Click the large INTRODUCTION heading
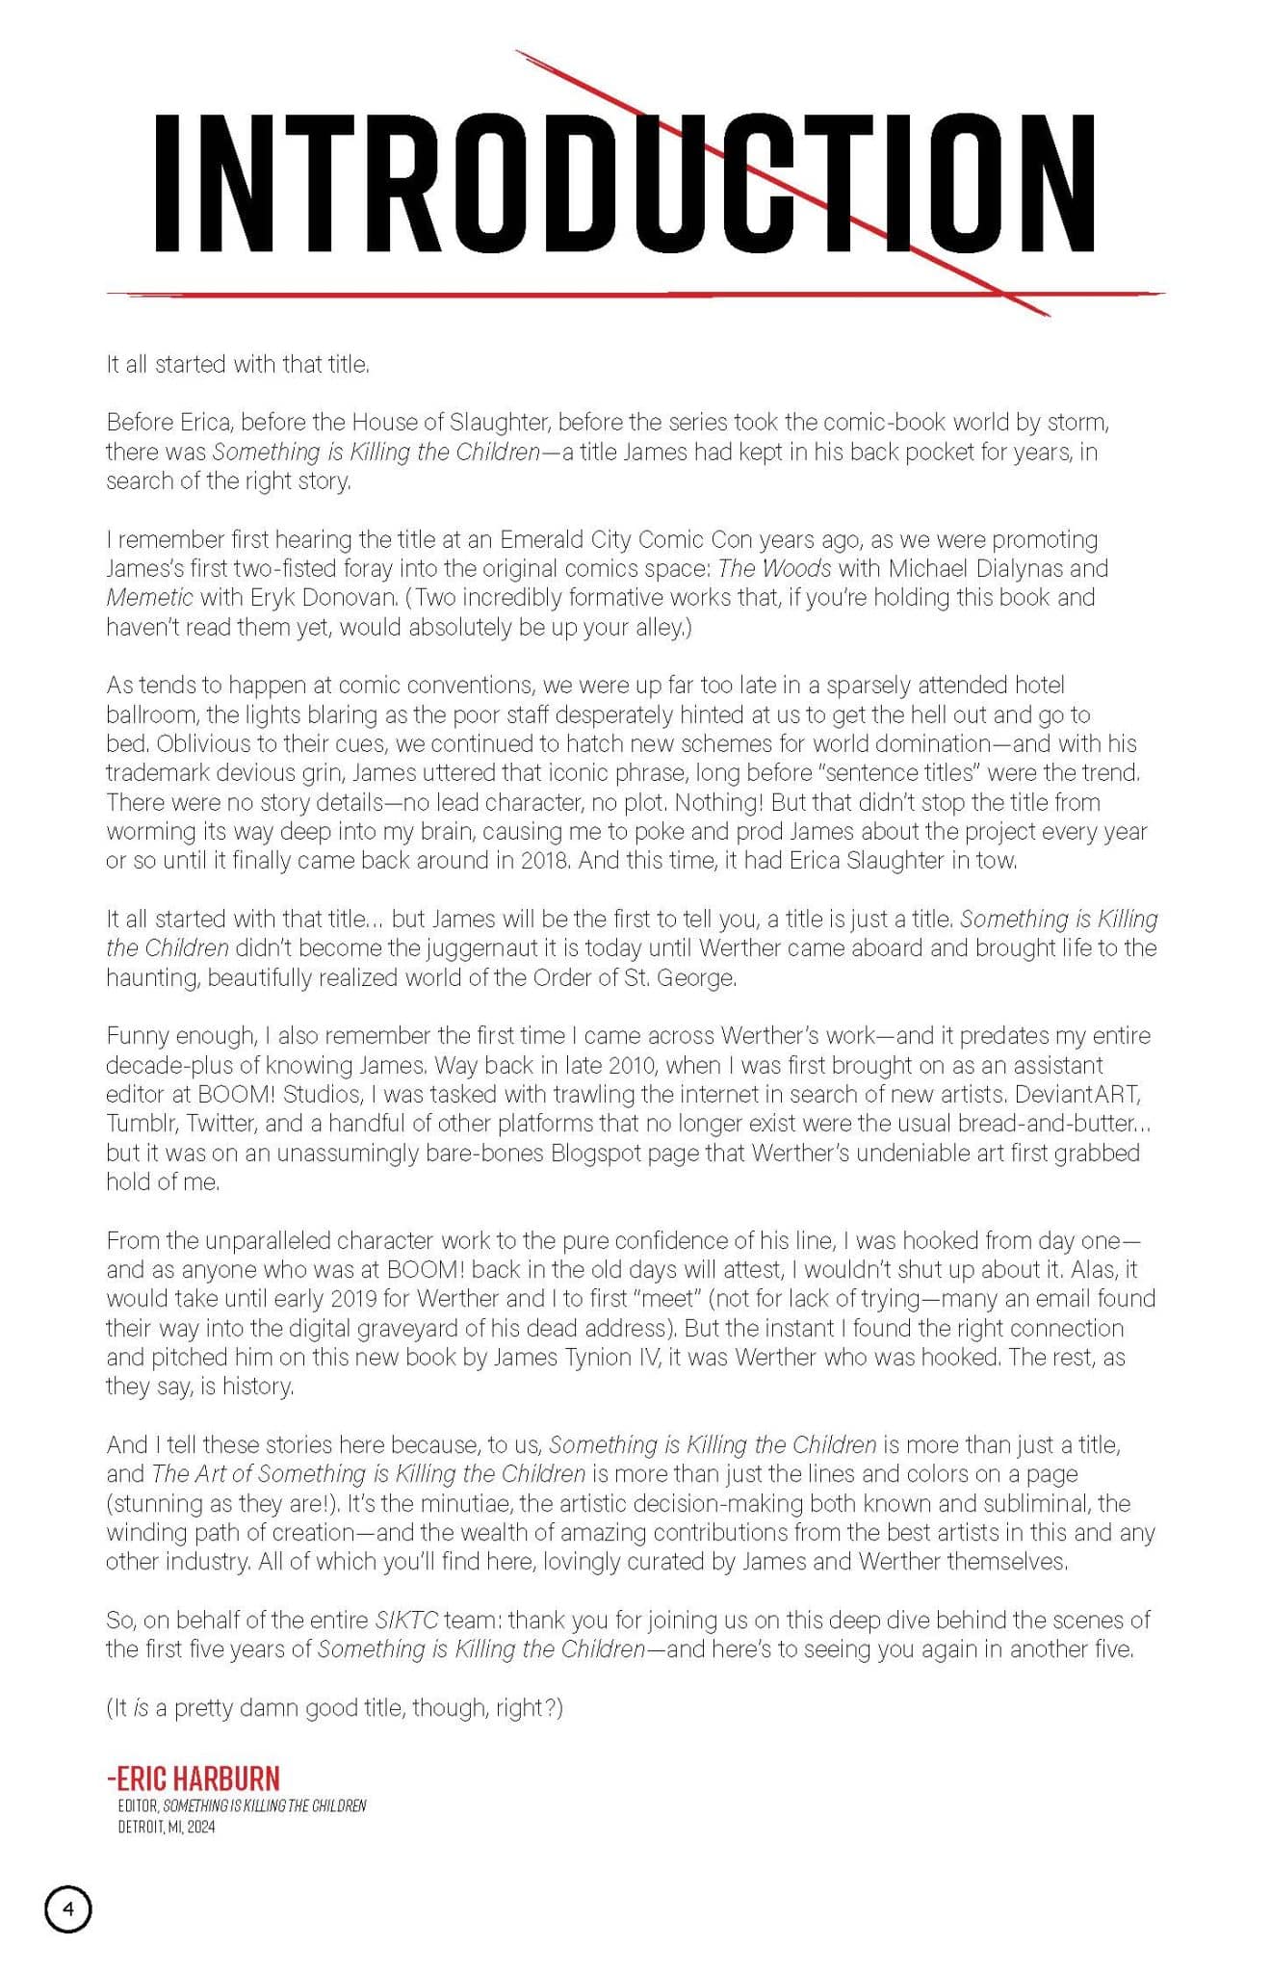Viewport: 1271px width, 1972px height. tap(624, 183)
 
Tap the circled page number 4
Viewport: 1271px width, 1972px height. tap(68, 1908)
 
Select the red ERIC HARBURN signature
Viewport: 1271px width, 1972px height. tap(194, 1777)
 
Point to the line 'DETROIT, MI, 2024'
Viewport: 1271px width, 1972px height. tap(167, 1827)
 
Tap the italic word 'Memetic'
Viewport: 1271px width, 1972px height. tap(149, 597)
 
